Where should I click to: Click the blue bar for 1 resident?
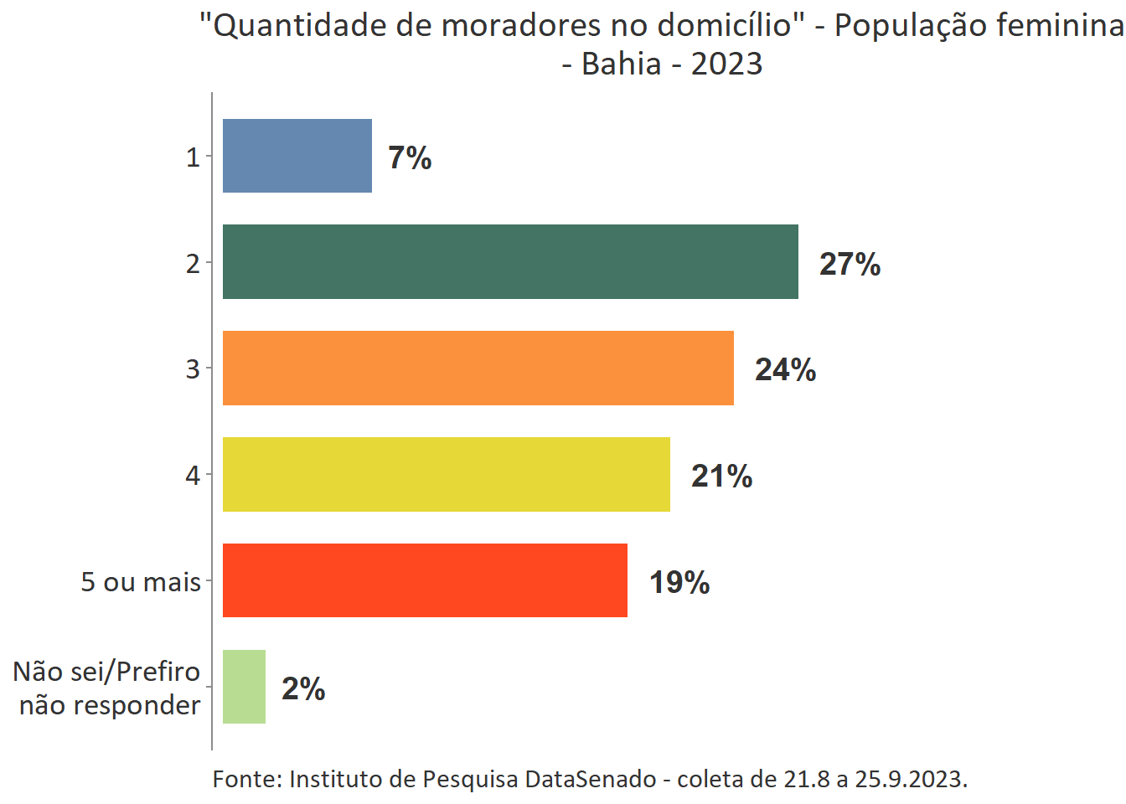pos(297,156)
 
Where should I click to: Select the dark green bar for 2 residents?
pos(510,261)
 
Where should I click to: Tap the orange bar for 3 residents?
pos(478,368)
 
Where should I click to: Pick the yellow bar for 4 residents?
pos(447,474)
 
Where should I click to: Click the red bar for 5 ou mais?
pos(425,580)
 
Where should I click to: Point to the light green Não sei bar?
pos(244,687)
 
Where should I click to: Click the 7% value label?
pos(410,157)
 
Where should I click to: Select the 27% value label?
pos(850,264)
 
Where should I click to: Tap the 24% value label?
pos(785,369)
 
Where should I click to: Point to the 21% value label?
pos(721,476)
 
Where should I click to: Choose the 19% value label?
pos(679,582)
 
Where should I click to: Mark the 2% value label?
pos(303,688)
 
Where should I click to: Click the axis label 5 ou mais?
pos(141,581)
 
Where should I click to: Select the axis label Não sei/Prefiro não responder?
pos(108,688)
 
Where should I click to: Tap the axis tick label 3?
pos(193,368)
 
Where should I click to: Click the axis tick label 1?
pos(193,157)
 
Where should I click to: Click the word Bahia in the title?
pos(621,64)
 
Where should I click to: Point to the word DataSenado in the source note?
pos(591,779)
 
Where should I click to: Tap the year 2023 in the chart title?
pos(726,64)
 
